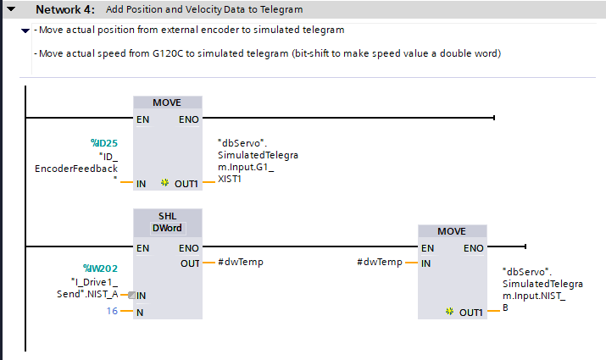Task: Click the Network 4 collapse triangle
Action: [x=11, y=8]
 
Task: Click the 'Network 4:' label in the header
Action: [x=65, y=9]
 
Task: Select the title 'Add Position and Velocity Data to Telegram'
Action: [x=204, y=9]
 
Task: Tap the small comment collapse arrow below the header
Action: [x=25, y=30]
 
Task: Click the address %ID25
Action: [x=104, y=143]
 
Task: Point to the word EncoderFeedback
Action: [x=76, y=169]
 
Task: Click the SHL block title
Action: [x=167, y=216]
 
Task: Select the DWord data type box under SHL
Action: [x=167, y=228]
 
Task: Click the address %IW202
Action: [x=100, y=269]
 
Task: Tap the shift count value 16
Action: [x=112, y=311]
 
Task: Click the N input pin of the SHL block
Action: [x=140, y=313]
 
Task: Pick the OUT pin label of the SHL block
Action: [x=190, y=263]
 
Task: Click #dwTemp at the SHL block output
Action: [x=241, y=262]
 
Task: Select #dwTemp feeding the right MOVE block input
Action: [x=380, y=262]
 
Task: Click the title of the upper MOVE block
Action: [x=167, y=102]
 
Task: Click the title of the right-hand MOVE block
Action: [x=452, y=231]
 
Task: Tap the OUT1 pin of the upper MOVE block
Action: [x=186, y=184]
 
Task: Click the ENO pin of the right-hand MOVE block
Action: [x=474, y=248]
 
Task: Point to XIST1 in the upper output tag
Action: [x=230, y=179]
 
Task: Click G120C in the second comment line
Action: [x=168, y=53]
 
